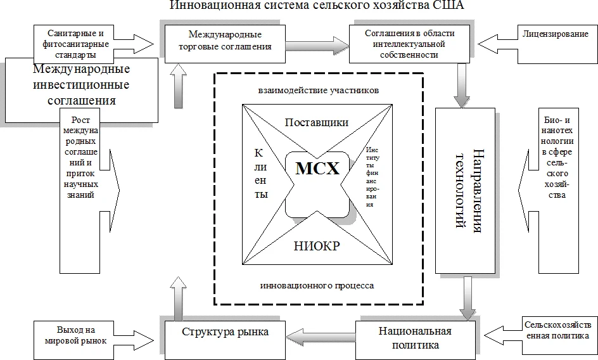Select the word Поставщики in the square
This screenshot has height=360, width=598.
coord(316,122)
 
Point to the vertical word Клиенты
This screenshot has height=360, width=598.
coord(260,174)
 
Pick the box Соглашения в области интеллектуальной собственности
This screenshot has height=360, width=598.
coord(402,43)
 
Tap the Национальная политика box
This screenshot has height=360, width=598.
coord(415,339)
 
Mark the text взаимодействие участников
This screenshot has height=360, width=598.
coord(319,90)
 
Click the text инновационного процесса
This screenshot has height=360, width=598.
coord(317,286)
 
